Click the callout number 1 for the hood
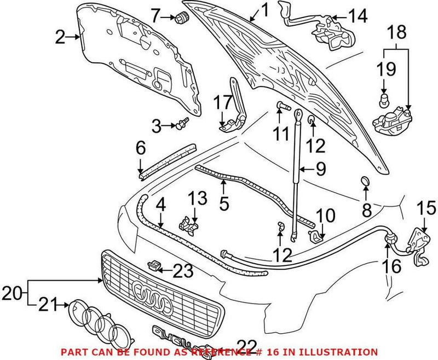click(264, 9)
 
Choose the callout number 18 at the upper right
click(398, 33)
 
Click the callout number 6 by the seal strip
click(140, 148)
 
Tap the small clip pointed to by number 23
click(155, 266)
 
